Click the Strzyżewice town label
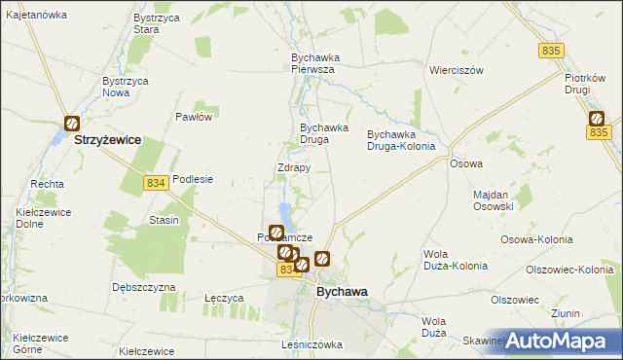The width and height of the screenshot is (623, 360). (x=108, y=140)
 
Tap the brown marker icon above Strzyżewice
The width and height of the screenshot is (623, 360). (x=72, y=124)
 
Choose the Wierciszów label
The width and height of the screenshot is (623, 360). (x=457, y=71)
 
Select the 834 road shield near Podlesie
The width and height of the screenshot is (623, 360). (x=154, y=182)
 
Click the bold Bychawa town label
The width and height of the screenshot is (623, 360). (x=342, y=291)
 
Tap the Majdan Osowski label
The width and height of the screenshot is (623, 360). (x=493, y=199)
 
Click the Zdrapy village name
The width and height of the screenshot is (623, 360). (x=294, y=167)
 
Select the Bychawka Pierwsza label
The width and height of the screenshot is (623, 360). (x=313, y=63)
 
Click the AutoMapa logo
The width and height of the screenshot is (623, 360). (x=558, y=341)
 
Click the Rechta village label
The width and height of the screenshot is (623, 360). (x=48, y=183)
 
